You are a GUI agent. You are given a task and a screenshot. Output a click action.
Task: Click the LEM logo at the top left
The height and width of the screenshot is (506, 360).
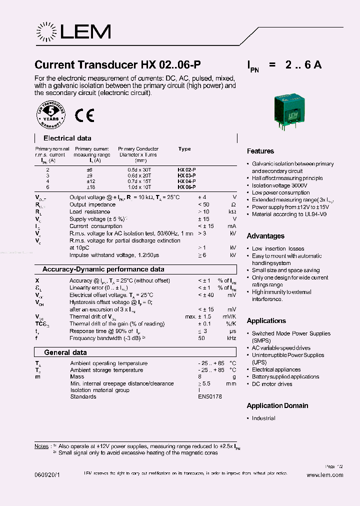click(73, 32)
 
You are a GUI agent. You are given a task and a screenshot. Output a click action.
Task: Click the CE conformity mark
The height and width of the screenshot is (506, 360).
click(84, 115)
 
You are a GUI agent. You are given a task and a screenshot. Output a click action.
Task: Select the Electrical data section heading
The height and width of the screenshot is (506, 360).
click(67, 138)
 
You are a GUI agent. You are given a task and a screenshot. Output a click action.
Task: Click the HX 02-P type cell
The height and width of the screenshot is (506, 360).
click(186, 170)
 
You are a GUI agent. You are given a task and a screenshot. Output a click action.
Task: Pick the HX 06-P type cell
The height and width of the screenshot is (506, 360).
click(186, 186)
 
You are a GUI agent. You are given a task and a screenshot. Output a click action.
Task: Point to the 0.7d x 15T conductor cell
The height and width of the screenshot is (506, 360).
click(138, 181)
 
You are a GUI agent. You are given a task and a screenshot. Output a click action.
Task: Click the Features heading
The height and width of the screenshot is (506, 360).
click(260, 151)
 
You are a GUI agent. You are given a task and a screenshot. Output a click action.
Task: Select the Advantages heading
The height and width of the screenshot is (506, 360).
click(265, 236)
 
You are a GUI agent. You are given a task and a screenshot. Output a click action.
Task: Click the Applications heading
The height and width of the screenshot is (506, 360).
click(266, 321)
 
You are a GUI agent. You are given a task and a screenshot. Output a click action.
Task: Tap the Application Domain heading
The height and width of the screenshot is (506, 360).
click(277, 405)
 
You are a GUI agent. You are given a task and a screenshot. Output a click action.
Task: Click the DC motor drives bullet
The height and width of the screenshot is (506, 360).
click(272, 384)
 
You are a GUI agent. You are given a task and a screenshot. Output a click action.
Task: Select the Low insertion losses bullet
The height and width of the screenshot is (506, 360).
click(278, 248)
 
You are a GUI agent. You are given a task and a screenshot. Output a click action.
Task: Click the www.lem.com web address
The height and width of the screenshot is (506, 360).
click(324, 475)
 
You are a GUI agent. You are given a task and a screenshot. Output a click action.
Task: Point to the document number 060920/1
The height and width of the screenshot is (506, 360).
click(48, 475)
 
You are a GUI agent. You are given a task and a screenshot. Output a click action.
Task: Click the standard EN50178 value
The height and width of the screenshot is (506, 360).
click(209, 396)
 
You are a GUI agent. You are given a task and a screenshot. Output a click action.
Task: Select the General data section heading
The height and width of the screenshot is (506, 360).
click(65, 352)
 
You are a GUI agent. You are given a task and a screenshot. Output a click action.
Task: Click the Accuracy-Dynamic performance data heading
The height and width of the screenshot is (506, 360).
click(103, 269)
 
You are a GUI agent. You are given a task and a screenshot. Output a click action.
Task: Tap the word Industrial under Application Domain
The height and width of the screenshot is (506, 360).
click(263, 418)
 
